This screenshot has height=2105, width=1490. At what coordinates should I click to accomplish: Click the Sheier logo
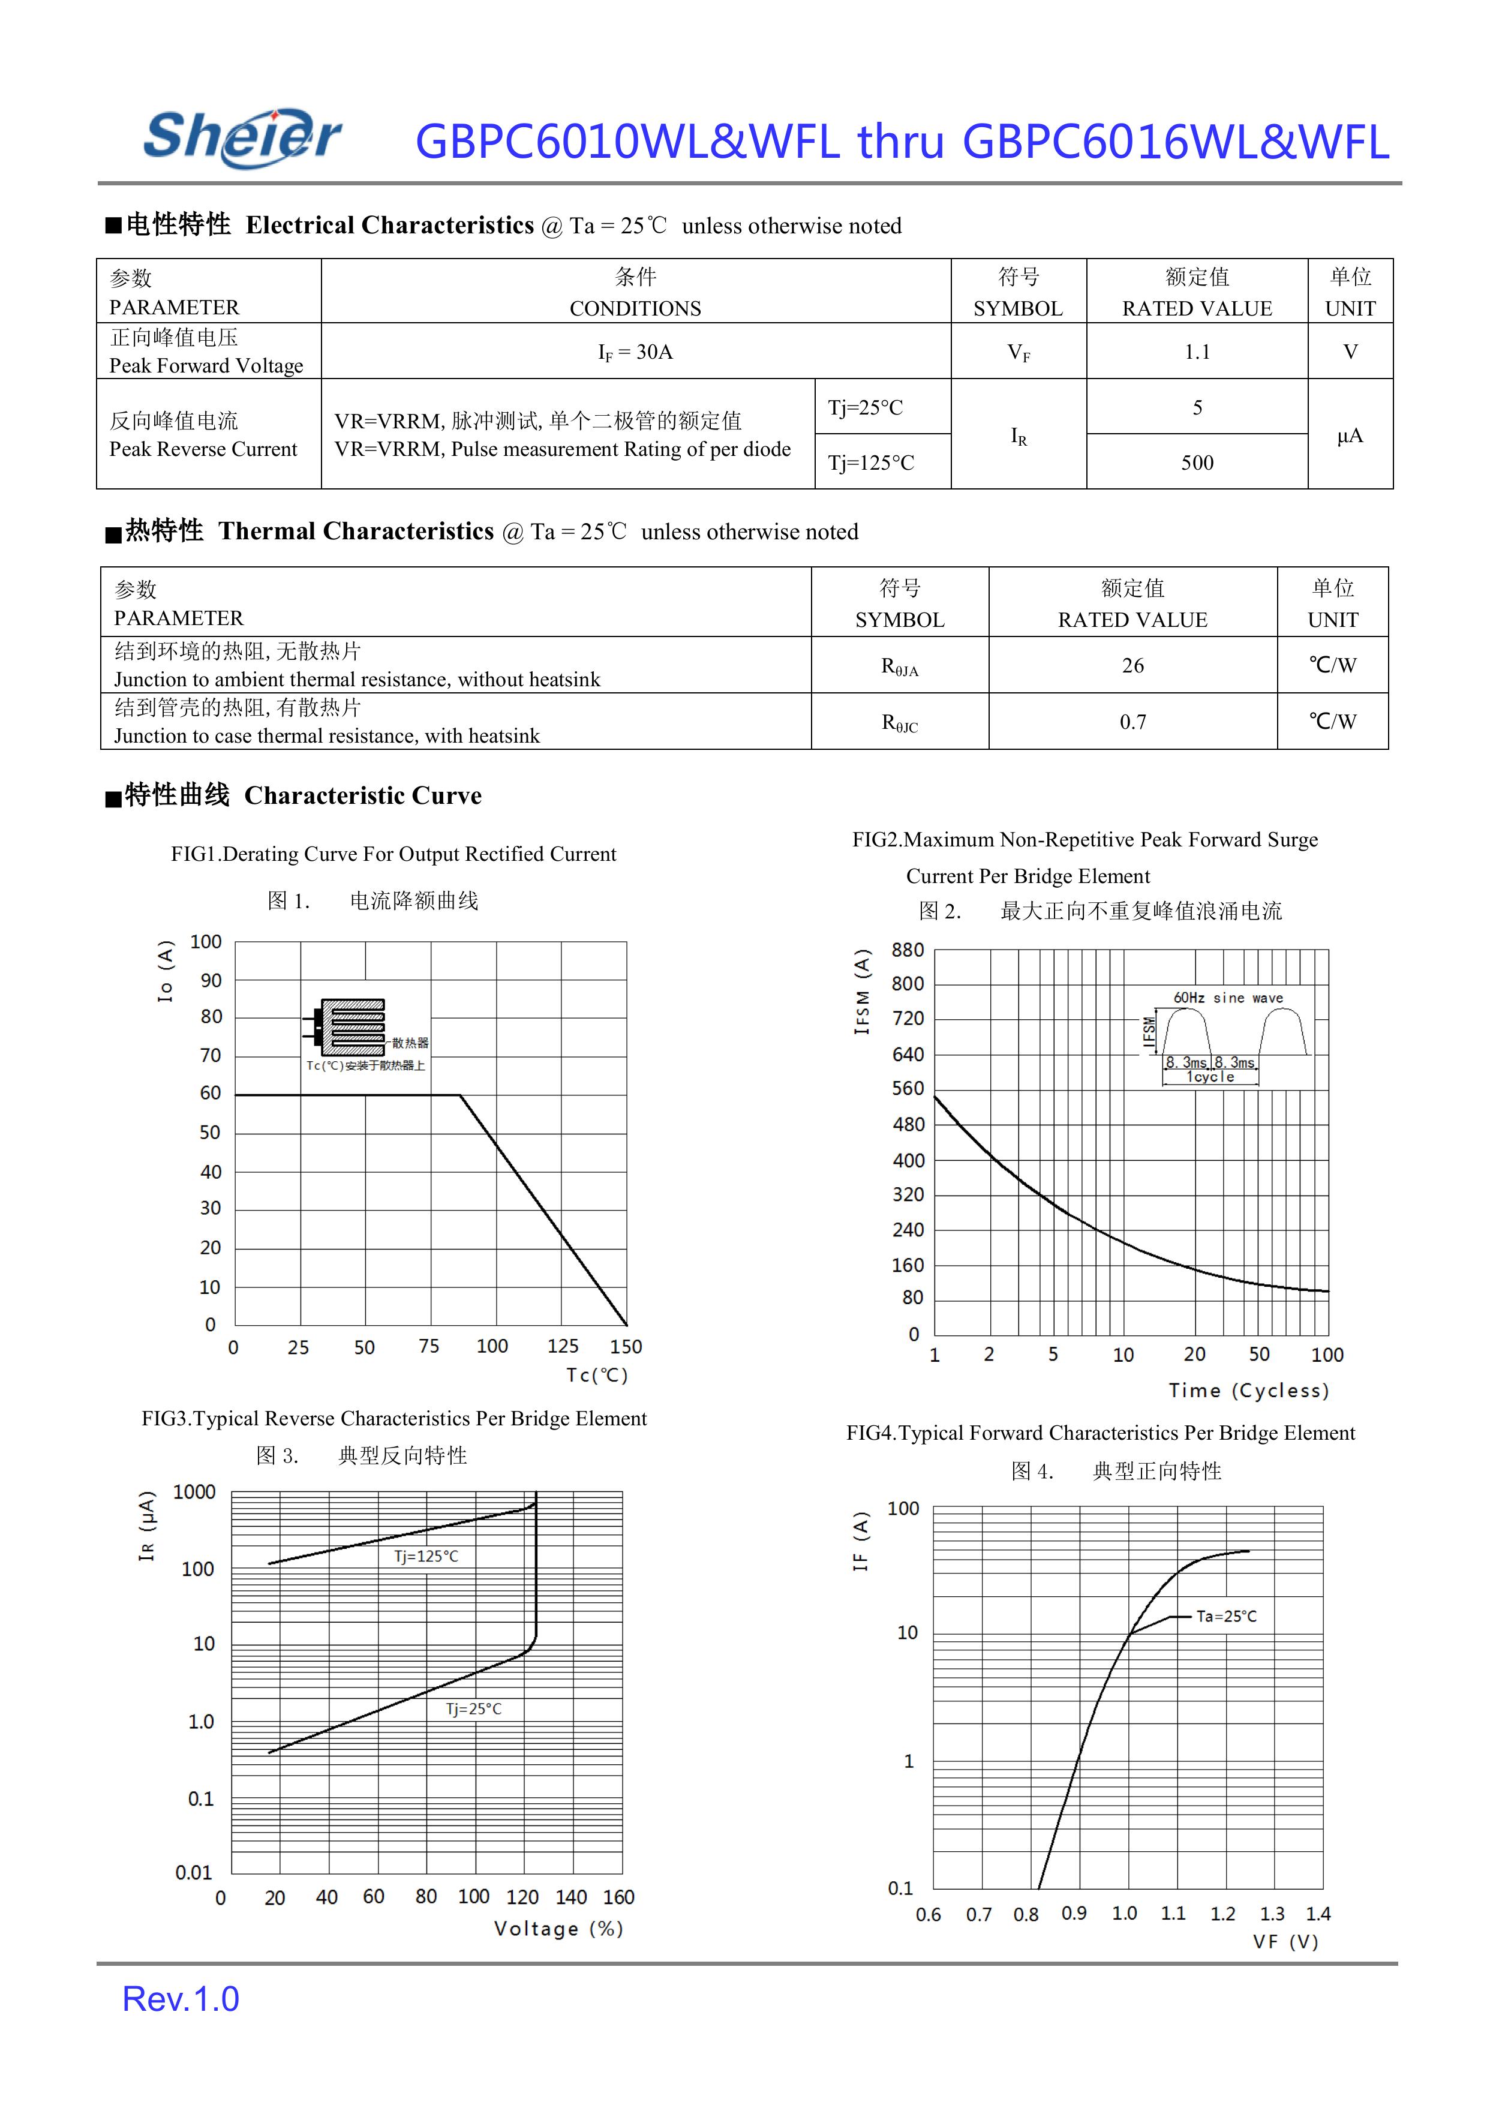click(242, 137)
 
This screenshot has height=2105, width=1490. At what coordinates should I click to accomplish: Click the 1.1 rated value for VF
click(1197, 352)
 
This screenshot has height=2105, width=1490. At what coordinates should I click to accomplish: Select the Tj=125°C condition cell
click(872, 463)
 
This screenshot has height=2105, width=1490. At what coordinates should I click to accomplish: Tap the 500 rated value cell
click(1197, 463)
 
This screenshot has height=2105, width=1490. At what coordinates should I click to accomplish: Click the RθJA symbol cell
click(899, 667)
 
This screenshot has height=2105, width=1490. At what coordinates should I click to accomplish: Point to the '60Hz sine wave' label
click(1228, 998)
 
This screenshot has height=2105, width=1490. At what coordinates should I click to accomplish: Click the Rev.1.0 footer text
click(181, 1999)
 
